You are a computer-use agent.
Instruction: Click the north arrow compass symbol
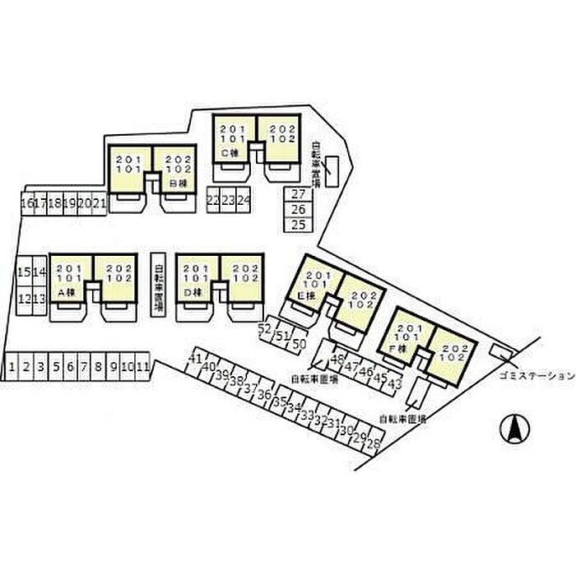coord(514,428)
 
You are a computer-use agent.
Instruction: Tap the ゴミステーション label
coord(535,375)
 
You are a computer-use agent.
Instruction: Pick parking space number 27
coord(299,195)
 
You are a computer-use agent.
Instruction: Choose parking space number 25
coord(299,224)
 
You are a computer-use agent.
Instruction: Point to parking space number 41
coord(196,360)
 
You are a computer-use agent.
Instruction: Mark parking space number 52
coord(265,330)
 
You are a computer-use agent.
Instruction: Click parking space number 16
coord(27,203)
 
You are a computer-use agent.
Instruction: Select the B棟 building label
coord(175,183)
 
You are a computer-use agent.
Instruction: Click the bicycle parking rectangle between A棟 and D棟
coord(160,282)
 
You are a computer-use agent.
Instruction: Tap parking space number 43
coord(394,383)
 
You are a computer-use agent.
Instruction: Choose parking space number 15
coord(24,272)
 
